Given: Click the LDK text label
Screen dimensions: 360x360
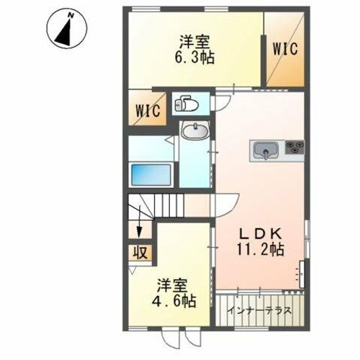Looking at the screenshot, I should coord(263,233).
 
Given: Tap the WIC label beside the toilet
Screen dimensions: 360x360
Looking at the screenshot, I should coord(148,112).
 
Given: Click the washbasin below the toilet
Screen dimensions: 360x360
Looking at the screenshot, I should coord(194,132).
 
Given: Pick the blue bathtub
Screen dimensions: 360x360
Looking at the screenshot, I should coord(150,175).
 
